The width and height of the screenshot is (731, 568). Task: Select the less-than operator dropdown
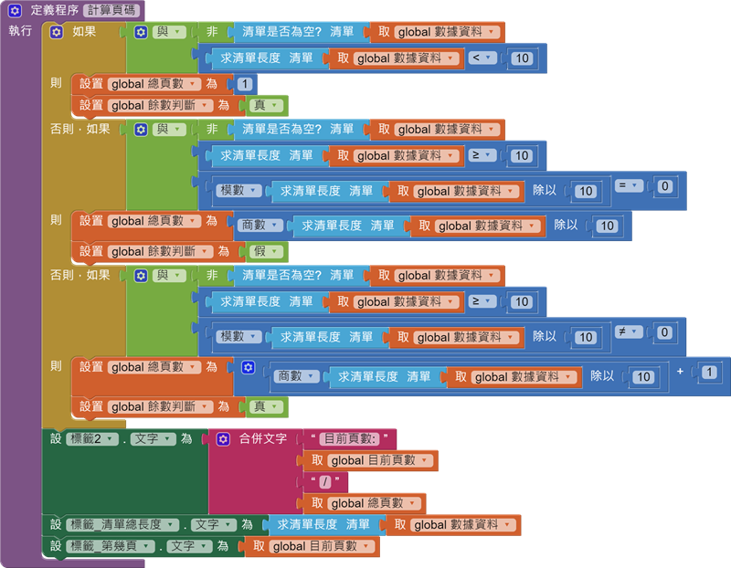click(x=481, y=58)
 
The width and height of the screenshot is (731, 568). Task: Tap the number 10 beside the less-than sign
click(x=522, y=58)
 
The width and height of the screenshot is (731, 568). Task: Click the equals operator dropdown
click(x=629, y=185)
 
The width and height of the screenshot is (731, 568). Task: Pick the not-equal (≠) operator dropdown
click(x=629, y=331)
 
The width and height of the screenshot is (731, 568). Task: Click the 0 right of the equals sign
click(x=665, y=186)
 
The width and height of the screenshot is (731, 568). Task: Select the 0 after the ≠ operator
click(x=665, y=332)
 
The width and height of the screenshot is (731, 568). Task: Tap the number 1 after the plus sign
click(x=709, y=373)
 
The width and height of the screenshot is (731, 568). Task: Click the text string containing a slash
click(x=324, y=481)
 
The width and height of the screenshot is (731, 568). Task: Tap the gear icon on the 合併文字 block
click(x=224, y=439)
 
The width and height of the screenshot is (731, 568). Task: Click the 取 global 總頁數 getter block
click(x=365, y=503)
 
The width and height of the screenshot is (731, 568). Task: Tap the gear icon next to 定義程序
click(x=15, y=11)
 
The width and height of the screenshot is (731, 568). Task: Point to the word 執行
click(x=20, y=31)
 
